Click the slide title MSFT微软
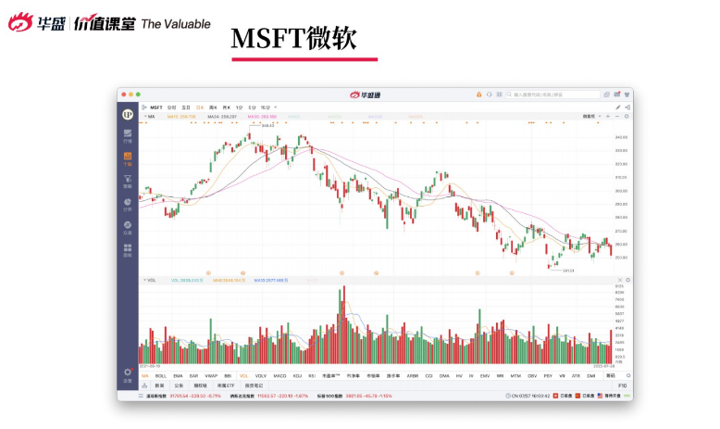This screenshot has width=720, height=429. [x=292, y=38]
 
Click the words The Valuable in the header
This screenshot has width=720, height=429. [x=176, y=24]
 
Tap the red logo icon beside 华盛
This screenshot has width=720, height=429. [x=19, y=23]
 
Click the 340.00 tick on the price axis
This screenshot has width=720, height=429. [x=621, y=136]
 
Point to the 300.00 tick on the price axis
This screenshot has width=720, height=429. [x=621, y=191]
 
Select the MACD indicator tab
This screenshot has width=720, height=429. [x=279, y=375]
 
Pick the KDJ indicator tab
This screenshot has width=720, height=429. [x=298, y=375]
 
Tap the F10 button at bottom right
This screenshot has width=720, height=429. [x=623, y=385]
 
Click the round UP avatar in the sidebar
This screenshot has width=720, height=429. [x=128, y=113]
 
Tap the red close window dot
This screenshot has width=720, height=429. [x=123, y=94]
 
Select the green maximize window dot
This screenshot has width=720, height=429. [x=137, y=94]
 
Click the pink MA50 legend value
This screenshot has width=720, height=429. [x=262, y=117]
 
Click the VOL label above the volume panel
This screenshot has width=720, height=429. [x=151, y=279]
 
